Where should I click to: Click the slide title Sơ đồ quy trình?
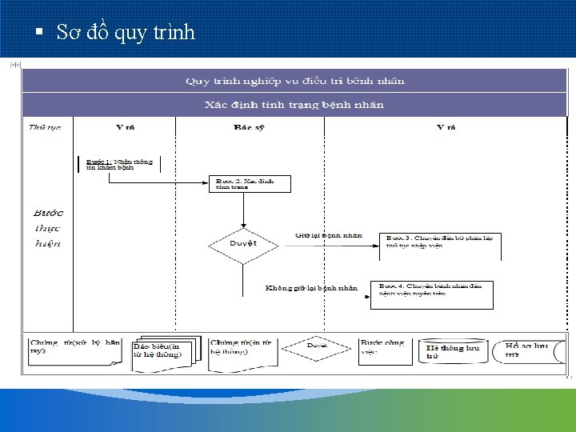126,33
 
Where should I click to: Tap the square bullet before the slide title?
38,33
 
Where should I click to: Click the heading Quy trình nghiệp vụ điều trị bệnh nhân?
294,81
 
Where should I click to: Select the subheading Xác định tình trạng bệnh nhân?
294,105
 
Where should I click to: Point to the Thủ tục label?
45,127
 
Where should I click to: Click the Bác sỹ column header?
250,127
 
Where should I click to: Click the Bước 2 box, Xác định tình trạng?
249,184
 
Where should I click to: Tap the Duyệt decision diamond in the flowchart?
243,242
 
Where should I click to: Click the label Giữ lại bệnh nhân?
328,235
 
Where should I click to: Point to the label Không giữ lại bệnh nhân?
311,287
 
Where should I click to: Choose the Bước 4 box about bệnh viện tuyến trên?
431,294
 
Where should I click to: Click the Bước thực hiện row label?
48,228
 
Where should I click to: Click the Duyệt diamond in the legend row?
318,347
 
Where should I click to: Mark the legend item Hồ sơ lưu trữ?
527,350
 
